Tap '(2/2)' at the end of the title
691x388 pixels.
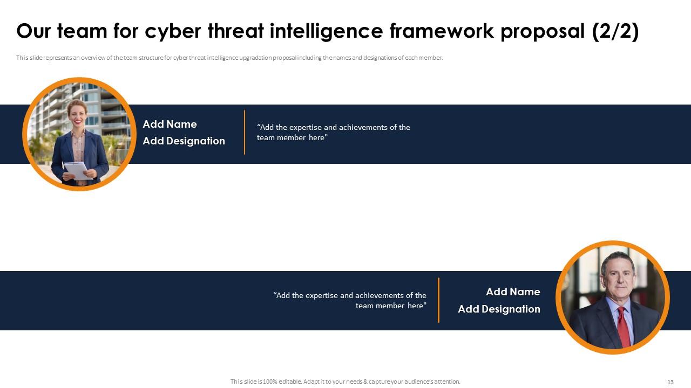[x=615, y=32]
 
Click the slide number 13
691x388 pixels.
[x=670, y=382]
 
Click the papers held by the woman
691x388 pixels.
[x=76, y=170]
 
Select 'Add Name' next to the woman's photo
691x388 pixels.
[x=170, y=124]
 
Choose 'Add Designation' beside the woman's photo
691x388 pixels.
[x=184, y=141]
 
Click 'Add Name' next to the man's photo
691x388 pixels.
[x=513, y=292]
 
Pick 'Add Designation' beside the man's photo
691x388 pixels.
[x=499, y=309]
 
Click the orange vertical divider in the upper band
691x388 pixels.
[x=245, y=133]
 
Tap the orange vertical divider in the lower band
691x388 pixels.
[x=438, y=300]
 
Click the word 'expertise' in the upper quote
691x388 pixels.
[x=306, y=127]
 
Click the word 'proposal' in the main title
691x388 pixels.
[x=543, y=32]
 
